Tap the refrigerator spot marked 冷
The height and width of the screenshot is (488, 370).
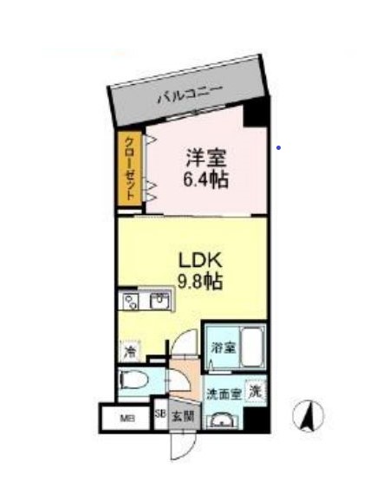(129, 353)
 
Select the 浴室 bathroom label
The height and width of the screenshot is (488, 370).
(223, 348)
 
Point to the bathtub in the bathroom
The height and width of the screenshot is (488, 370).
(251, 348)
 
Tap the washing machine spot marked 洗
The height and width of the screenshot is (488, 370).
(256, 391)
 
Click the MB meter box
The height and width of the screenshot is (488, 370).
(127, 420)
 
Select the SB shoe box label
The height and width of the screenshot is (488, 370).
(159, 414)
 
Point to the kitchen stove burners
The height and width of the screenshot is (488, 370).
(132, 302)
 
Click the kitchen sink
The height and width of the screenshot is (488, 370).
(160, 302)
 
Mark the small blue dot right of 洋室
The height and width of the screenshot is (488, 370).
(277, 147)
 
